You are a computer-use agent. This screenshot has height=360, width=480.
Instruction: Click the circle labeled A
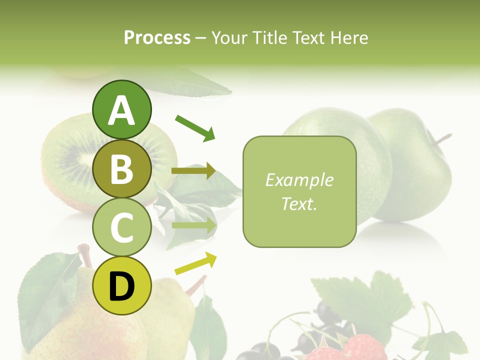pos(121,109)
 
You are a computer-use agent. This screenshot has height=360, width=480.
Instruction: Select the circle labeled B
pos(121,168)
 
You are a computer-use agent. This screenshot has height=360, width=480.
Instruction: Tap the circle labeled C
pos(121,227)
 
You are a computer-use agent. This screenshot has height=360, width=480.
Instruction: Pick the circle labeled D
pos(121,286)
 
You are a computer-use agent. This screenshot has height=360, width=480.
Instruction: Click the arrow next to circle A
pos(194,127)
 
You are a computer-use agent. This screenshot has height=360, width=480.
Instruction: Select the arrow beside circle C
pos(193,225)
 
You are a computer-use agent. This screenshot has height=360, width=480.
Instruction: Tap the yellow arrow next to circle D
pos(195,263)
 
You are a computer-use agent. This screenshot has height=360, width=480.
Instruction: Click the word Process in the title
pos(157,37)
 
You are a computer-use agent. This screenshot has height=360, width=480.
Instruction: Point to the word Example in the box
pos(299,180)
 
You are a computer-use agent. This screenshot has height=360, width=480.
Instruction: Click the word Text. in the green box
pos(299,203)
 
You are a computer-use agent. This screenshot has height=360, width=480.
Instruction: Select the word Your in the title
pos(230,37)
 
